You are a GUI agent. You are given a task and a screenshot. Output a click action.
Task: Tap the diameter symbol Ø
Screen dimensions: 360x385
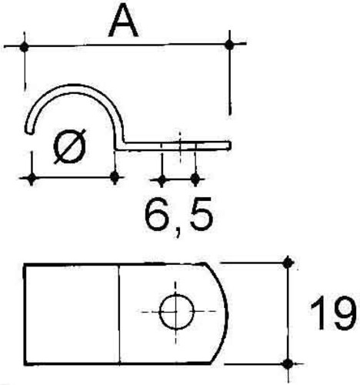point(69,146)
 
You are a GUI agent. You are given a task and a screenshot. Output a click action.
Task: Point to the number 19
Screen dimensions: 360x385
point(332,313)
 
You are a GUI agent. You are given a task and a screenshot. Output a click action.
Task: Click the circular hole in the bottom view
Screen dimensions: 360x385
point(176,311)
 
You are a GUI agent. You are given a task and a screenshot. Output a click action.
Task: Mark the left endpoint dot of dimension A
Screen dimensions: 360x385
point(25,47)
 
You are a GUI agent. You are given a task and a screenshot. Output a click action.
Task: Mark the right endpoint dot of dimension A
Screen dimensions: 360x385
point(229,45)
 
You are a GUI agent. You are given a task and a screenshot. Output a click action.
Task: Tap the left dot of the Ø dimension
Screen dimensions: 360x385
point(32,178)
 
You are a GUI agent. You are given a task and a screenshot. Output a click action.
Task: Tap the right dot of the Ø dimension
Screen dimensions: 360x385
point(115,176)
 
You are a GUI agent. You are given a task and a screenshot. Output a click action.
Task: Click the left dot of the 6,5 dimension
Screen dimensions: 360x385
point(162,179)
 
